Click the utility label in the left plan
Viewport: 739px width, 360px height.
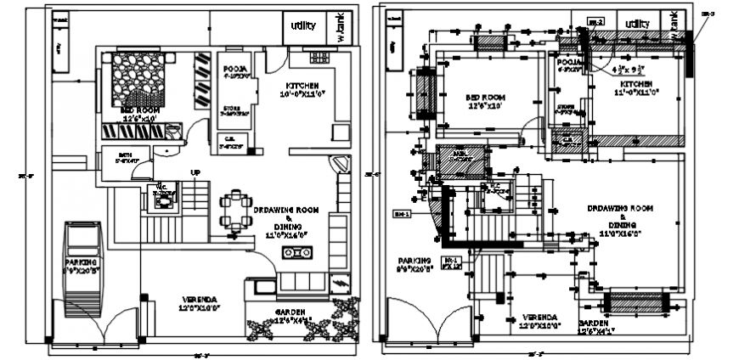pyautogui.click(x=302, y=26)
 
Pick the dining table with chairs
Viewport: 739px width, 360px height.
pyautogui.click(x=235, y=212)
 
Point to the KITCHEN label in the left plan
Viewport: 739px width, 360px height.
pyautogui.click(x=303, y=86)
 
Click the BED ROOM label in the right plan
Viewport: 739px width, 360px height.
pyautogui.click(x=485, y=98)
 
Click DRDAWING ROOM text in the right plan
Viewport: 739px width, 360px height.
pyautogui.click(x=619, y=207)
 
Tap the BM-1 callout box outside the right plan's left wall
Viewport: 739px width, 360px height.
pyautogui.click(x=402, y=214)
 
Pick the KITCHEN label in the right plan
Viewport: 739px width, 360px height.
pyautogui.click(x=635, y=85)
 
